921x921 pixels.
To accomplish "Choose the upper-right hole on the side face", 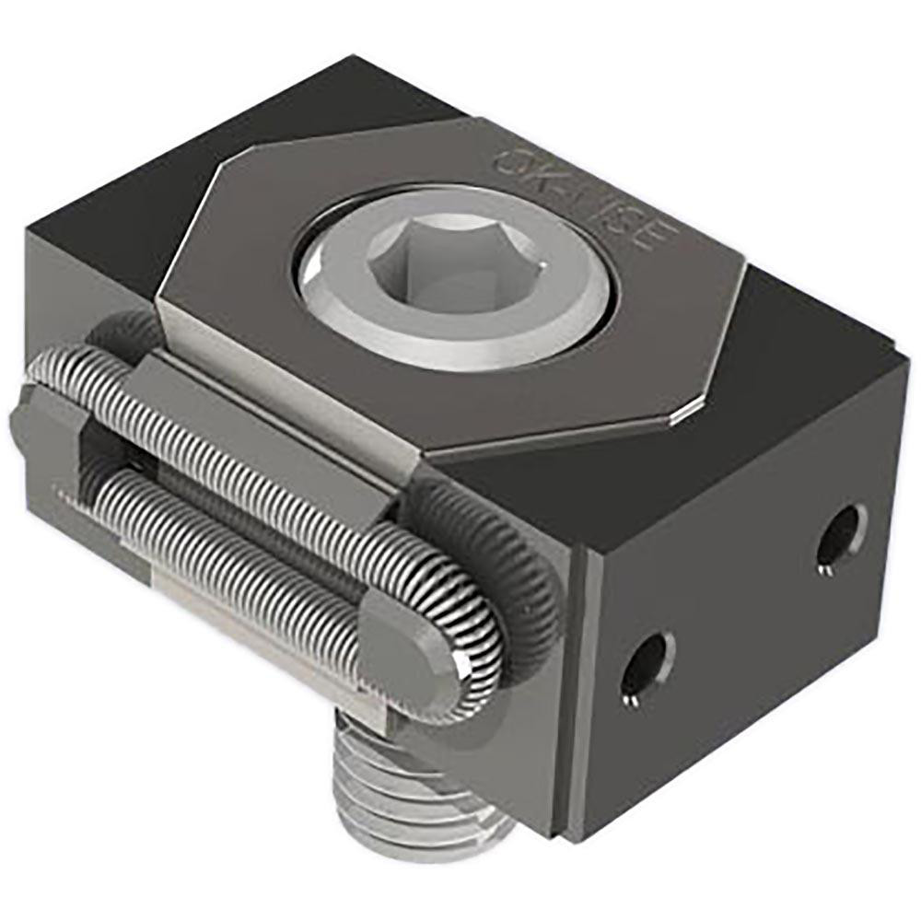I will (x=841, y=535).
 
